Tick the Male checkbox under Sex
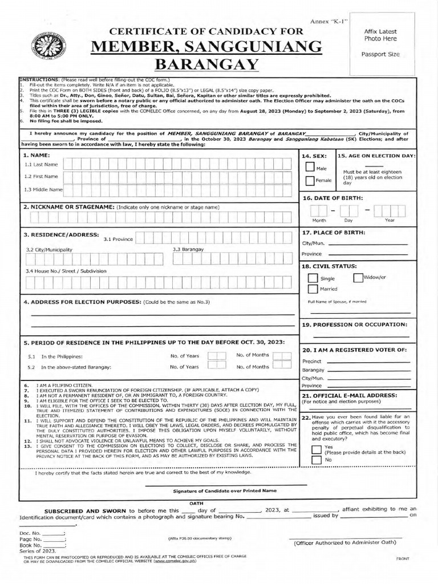tap(310, 167)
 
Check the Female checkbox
tap(310, 181)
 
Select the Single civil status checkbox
tap(313, 278)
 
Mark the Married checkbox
tap(313, 289)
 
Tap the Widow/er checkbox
tap(358, 278)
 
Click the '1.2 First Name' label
tap(41, 176)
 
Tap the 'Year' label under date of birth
tap(390, 220)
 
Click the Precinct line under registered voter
tap(368, 362)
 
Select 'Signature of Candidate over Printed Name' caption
tap(216, 490)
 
